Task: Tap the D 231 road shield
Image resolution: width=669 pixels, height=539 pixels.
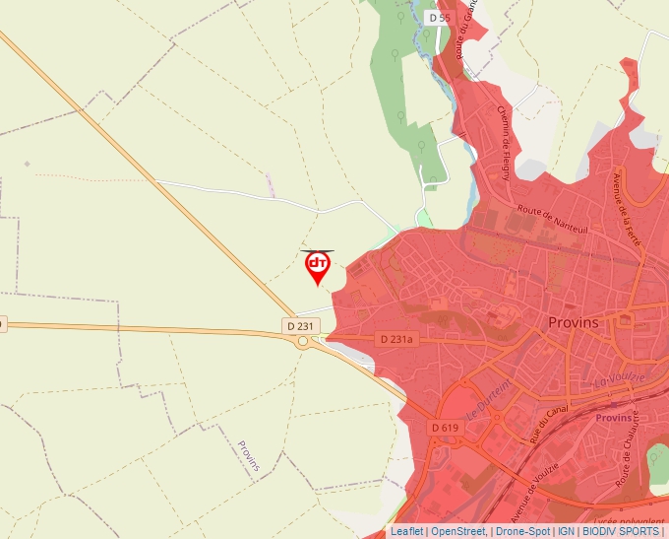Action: tap(302, 325)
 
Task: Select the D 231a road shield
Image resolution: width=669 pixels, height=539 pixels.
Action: tap(398, 339)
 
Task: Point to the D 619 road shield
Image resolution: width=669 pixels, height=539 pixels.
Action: tap(446, 428)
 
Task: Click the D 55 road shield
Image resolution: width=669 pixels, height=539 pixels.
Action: tap(439, 18)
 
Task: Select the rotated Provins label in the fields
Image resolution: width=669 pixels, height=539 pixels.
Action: tap(249, 456)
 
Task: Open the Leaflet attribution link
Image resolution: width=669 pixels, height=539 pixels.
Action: tap(406, 531)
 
